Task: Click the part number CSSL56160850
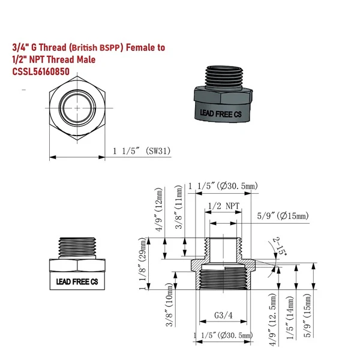[x=41, y=71]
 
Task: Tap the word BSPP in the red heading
[x=110, y=47]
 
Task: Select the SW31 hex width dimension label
[x=142, y=151]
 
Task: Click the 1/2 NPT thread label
[x=224, y=206]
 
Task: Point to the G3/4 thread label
[x=223, y=315]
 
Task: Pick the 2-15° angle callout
[x=281, y=246]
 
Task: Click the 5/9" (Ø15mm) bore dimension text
[x=283, y=216]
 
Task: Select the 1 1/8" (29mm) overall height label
[x=143, y=263]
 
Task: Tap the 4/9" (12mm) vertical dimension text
[x=158, y=209]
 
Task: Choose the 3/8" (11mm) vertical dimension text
[x=179, y=207]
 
